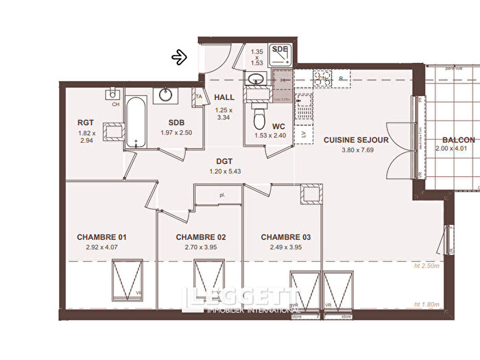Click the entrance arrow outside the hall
coord(180,57)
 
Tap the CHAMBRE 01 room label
coord(101,237)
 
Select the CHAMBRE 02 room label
coord(201,237)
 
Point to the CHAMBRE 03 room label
coord(286,237)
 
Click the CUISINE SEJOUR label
coord(356,140)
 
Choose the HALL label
coord(224,98)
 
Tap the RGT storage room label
coord(86,123)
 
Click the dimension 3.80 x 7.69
coord(356,150)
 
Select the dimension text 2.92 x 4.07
coord(101,248)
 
